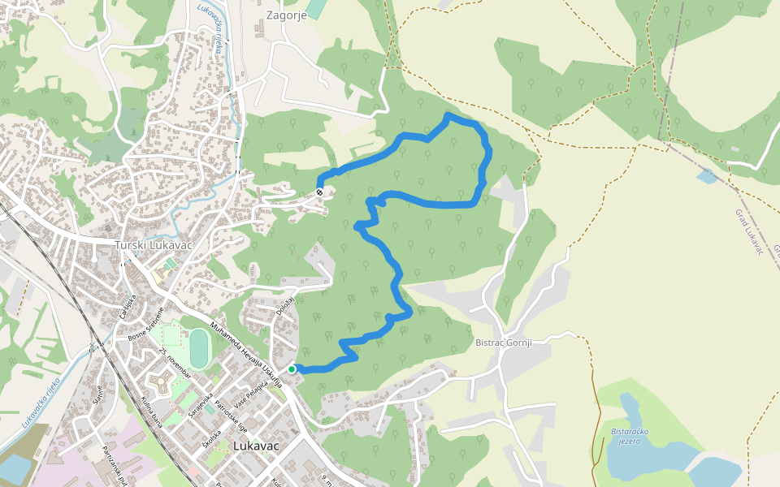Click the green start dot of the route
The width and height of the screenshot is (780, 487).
292,369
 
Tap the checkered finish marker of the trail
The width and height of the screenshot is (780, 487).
320,192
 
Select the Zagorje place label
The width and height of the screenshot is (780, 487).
287,15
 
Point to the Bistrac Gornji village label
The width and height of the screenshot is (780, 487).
503,343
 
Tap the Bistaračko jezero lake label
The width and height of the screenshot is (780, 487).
624,436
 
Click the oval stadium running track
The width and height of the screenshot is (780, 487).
198,350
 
